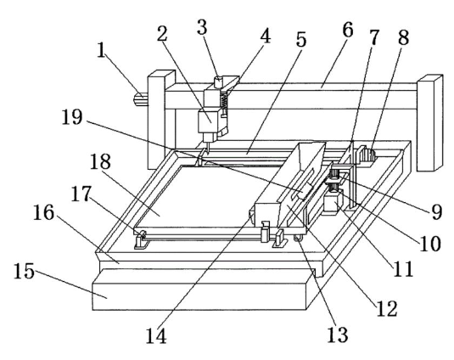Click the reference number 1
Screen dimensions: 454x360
pyautogui.click(x=101, y=50)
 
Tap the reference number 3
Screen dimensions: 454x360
pyautogui.click(x=202, y=27)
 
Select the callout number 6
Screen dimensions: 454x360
pyautogui.click(x=347, y=30)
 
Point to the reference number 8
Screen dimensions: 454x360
pyautogui.click(x=403, y=37)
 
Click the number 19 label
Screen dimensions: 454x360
pyautogui.click(x=72, y=117)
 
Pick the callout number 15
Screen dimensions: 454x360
pyautogui.click(x=24, y=271)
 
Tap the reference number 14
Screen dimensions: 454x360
pyautogui.click(x=156, y=336)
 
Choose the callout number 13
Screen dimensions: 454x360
pyautogui.click(x=338, y=335)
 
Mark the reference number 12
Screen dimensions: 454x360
pyautogui.click(x=387, y=308)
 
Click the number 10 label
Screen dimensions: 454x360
pyautogui.click(x=430, y=244)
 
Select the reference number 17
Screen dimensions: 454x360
pyautogui.click(x=81, y=194)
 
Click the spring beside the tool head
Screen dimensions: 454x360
pyautogui.click(x=224, y=100)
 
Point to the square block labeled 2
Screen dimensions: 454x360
pyautogui.click(x=207, y=121)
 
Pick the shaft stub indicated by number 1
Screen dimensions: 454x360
pyautogui.click(x=141, y=98)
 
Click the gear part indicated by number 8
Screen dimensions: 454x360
pyautogui.click(x=367, y=155)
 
